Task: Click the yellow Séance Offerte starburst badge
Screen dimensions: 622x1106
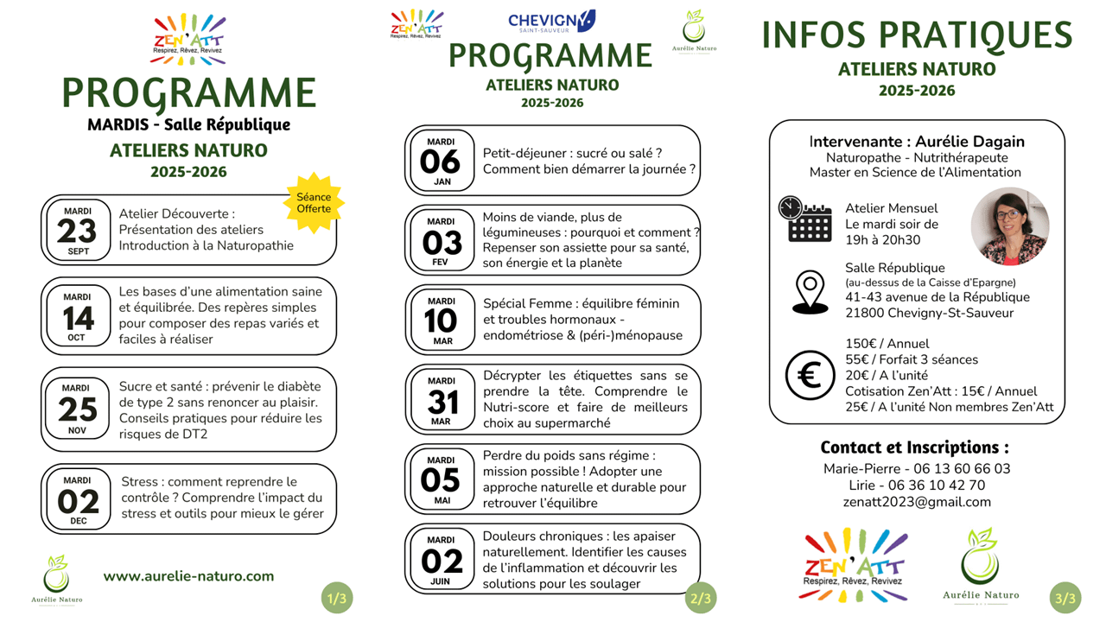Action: [314, 203]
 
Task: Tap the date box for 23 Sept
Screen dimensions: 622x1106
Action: [78, 231]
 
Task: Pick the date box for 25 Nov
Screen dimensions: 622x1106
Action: [78, 409]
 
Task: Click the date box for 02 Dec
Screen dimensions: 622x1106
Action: [78, 500]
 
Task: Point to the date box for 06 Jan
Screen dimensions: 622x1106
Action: [441, 161]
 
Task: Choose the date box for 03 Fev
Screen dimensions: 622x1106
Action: [441, 241]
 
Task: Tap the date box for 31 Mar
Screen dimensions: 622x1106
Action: [441, 401]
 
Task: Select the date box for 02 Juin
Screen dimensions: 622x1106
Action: [441, 560]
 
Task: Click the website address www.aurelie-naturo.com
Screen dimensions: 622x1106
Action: [188, 576]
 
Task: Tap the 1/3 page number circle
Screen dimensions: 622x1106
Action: [336, 598]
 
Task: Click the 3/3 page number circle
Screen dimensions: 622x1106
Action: [1065, 598]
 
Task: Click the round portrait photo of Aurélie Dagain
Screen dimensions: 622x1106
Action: [1009, 226]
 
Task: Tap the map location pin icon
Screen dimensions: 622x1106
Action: [810, 292]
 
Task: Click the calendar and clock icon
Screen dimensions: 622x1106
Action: [804, 219]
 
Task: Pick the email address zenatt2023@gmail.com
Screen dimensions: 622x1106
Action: [917, 502]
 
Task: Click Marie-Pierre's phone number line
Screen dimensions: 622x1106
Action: [917, 469]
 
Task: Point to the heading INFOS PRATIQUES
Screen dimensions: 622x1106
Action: [917, 35]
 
